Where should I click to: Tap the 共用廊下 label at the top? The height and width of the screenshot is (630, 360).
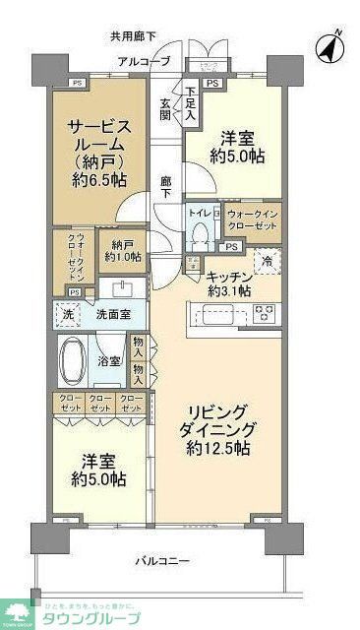click(x=133, y=36)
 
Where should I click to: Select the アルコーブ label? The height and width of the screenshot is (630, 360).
click(x=144, y=62)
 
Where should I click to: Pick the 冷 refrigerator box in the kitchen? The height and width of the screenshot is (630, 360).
click(x=266, y=261)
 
